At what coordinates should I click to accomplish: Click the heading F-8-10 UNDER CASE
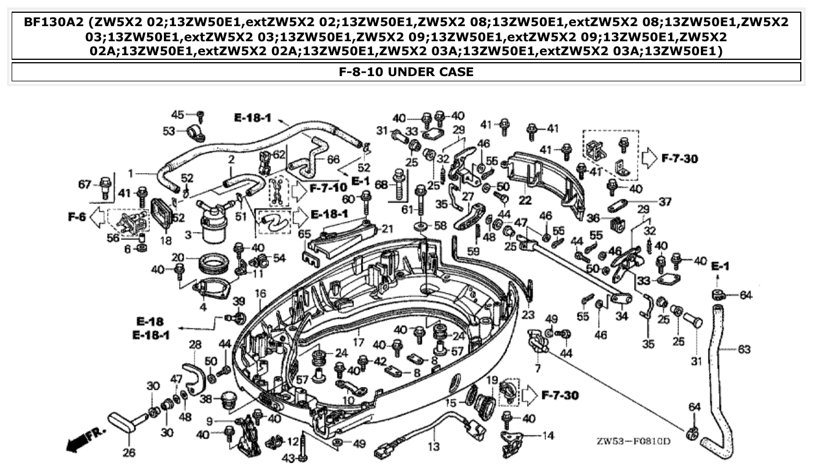[406, 72]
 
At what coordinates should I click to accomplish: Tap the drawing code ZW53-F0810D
[633, 441]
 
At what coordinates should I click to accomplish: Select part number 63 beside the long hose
[744, 349]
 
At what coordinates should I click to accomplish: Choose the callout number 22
[526, 200]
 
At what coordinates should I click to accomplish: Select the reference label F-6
[77, 217]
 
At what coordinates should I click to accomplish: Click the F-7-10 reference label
[328, 188]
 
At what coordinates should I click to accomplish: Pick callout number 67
[84, 185]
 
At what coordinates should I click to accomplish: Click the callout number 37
[664, 202]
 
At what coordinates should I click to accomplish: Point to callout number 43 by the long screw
[289, 459]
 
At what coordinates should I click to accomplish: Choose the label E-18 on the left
[150, 321]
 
